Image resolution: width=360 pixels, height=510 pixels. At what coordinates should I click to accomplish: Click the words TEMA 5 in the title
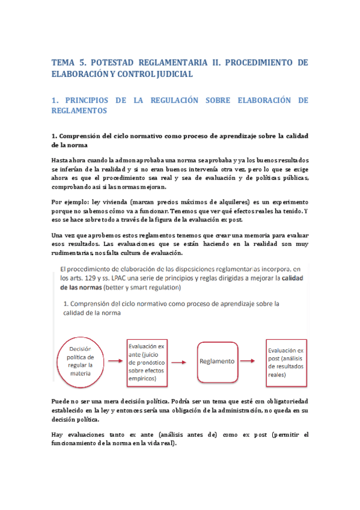pyautogui.click(x=69, y=62)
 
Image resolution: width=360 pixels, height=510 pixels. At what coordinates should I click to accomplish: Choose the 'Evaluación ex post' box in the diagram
pyautogui.click(x=287, y=361)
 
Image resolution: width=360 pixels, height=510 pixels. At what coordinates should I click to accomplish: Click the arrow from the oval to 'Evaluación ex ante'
pyautogui.click(x=112, y=361)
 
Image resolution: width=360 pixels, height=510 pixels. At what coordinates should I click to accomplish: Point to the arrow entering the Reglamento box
pyautogui.click(x=185, y=361)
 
